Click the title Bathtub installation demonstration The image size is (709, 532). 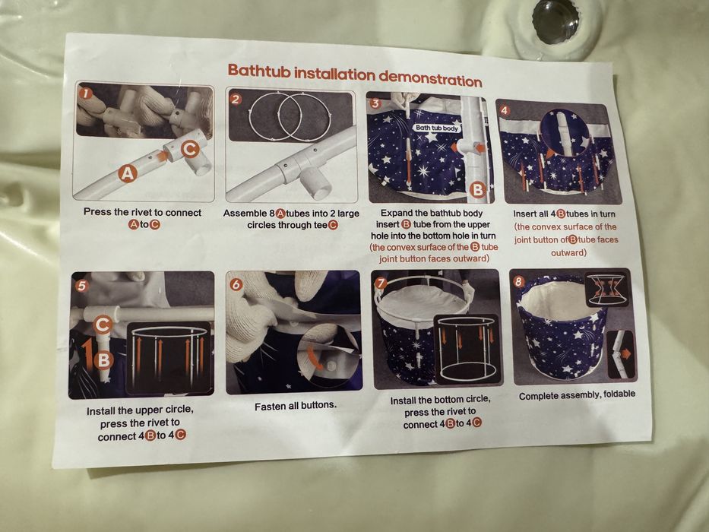point(354,75)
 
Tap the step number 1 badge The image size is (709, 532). point(85,93)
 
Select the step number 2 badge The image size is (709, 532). point(236,99)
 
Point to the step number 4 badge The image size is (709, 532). point(504,110)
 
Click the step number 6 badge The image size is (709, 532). point(236,284)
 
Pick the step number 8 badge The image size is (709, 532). point(518,281)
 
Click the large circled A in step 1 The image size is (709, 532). point(128,173)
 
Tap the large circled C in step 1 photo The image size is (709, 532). point(190,149)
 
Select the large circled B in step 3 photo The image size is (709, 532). point(477,189)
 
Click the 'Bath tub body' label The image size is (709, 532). point(436,128)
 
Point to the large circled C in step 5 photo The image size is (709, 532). point(103,325)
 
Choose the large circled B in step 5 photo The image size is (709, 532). point(103,360)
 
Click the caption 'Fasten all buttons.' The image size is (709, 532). point(296,406)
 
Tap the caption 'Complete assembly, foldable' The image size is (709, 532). point(577,395)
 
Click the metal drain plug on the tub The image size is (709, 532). point(555,21)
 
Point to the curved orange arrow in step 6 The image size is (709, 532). point(315,356)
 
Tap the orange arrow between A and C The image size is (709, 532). point(160,155)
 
